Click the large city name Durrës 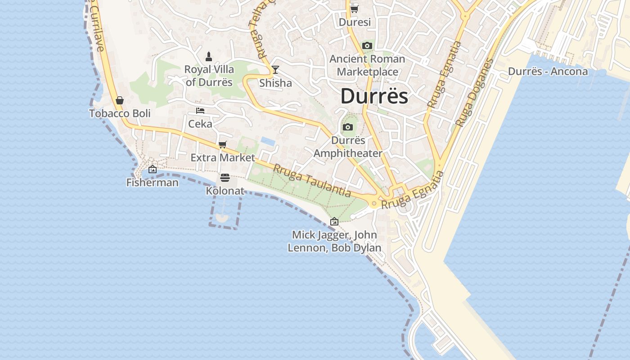[374, 96]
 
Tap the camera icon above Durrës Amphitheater [347, 127]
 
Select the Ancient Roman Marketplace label [367, 65]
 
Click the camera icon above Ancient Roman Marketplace [367, 45]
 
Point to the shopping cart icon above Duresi [355, 9]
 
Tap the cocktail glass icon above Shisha [275, 70]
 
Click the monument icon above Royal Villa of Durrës [209, 56]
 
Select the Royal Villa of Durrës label [209, 76]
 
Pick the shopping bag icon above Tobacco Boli [120, 100]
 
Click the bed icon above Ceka [200, 110]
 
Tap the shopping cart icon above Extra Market [222, 144]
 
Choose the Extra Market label [222, 158]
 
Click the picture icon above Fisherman [153, 169]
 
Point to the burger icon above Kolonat [225, 178]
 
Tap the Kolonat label [225, 191]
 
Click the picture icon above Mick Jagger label [334, 221]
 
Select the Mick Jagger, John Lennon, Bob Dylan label [334, 241]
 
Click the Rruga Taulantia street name [312, 180]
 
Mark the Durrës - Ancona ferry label [548, 72]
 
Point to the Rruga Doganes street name [474, 92]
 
